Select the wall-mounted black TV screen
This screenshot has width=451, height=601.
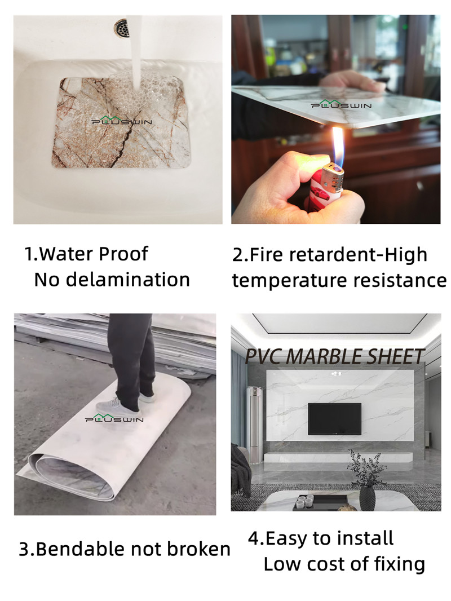(x=334, y=419)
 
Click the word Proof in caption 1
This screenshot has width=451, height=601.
(x=123, y=255)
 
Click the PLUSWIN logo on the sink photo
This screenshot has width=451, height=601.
(x=121, y=121)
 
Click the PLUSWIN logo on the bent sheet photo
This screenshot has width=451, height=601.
(x=114, y=418)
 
